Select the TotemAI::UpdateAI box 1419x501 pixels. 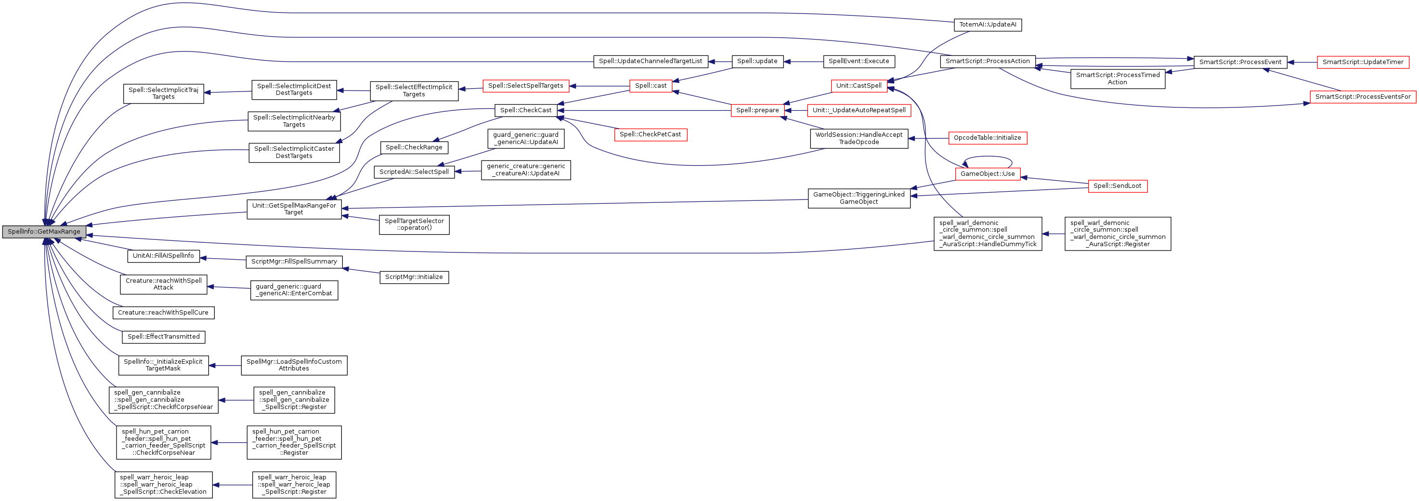[987, 25]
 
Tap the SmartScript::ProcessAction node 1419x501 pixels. [987, 61]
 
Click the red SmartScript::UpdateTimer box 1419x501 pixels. [1363, 62]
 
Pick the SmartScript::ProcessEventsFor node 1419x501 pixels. [1363, 97]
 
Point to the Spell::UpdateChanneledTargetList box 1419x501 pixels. [650, 61]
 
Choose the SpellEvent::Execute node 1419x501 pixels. [859, 61]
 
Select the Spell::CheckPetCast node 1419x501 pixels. [650, 134]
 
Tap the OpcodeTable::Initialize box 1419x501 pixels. [987, 138]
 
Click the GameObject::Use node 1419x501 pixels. [987, 173]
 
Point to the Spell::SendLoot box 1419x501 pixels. [1117, 186]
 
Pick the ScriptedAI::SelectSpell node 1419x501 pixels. [414, 172]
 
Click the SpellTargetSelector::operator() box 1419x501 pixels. [414, 224]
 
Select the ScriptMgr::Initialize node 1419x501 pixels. [414, 277]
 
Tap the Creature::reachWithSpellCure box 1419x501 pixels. [163, 313]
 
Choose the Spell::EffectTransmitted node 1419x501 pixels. [163, 337]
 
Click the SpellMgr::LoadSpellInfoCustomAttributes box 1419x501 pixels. [294, 365]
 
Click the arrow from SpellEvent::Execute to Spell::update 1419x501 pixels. [803, 62]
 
